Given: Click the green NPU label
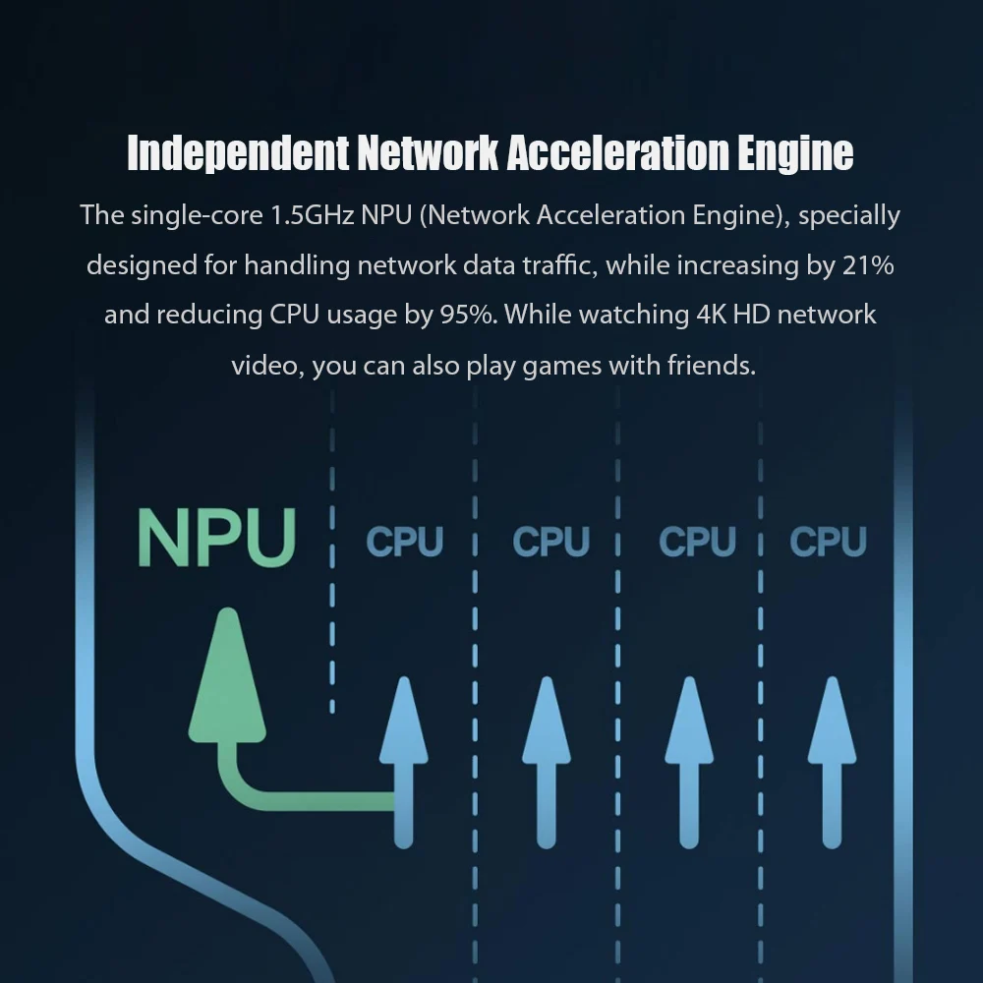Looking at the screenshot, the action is [216, 537].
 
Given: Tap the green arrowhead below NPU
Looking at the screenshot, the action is [227, 678].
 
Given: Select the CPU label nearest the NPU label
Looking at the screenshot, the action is [404, 542].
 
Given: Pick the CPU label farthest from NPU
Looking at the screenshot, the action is [828, 542].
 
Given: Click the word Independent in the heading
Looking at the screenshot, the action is [238, 153].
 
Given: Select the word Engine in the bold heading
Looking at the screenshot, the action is [794, 153].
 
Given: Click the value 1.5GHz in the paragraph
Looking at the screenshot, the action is [312, 215].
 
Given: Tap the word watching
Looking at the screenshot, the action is [633, 316].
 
